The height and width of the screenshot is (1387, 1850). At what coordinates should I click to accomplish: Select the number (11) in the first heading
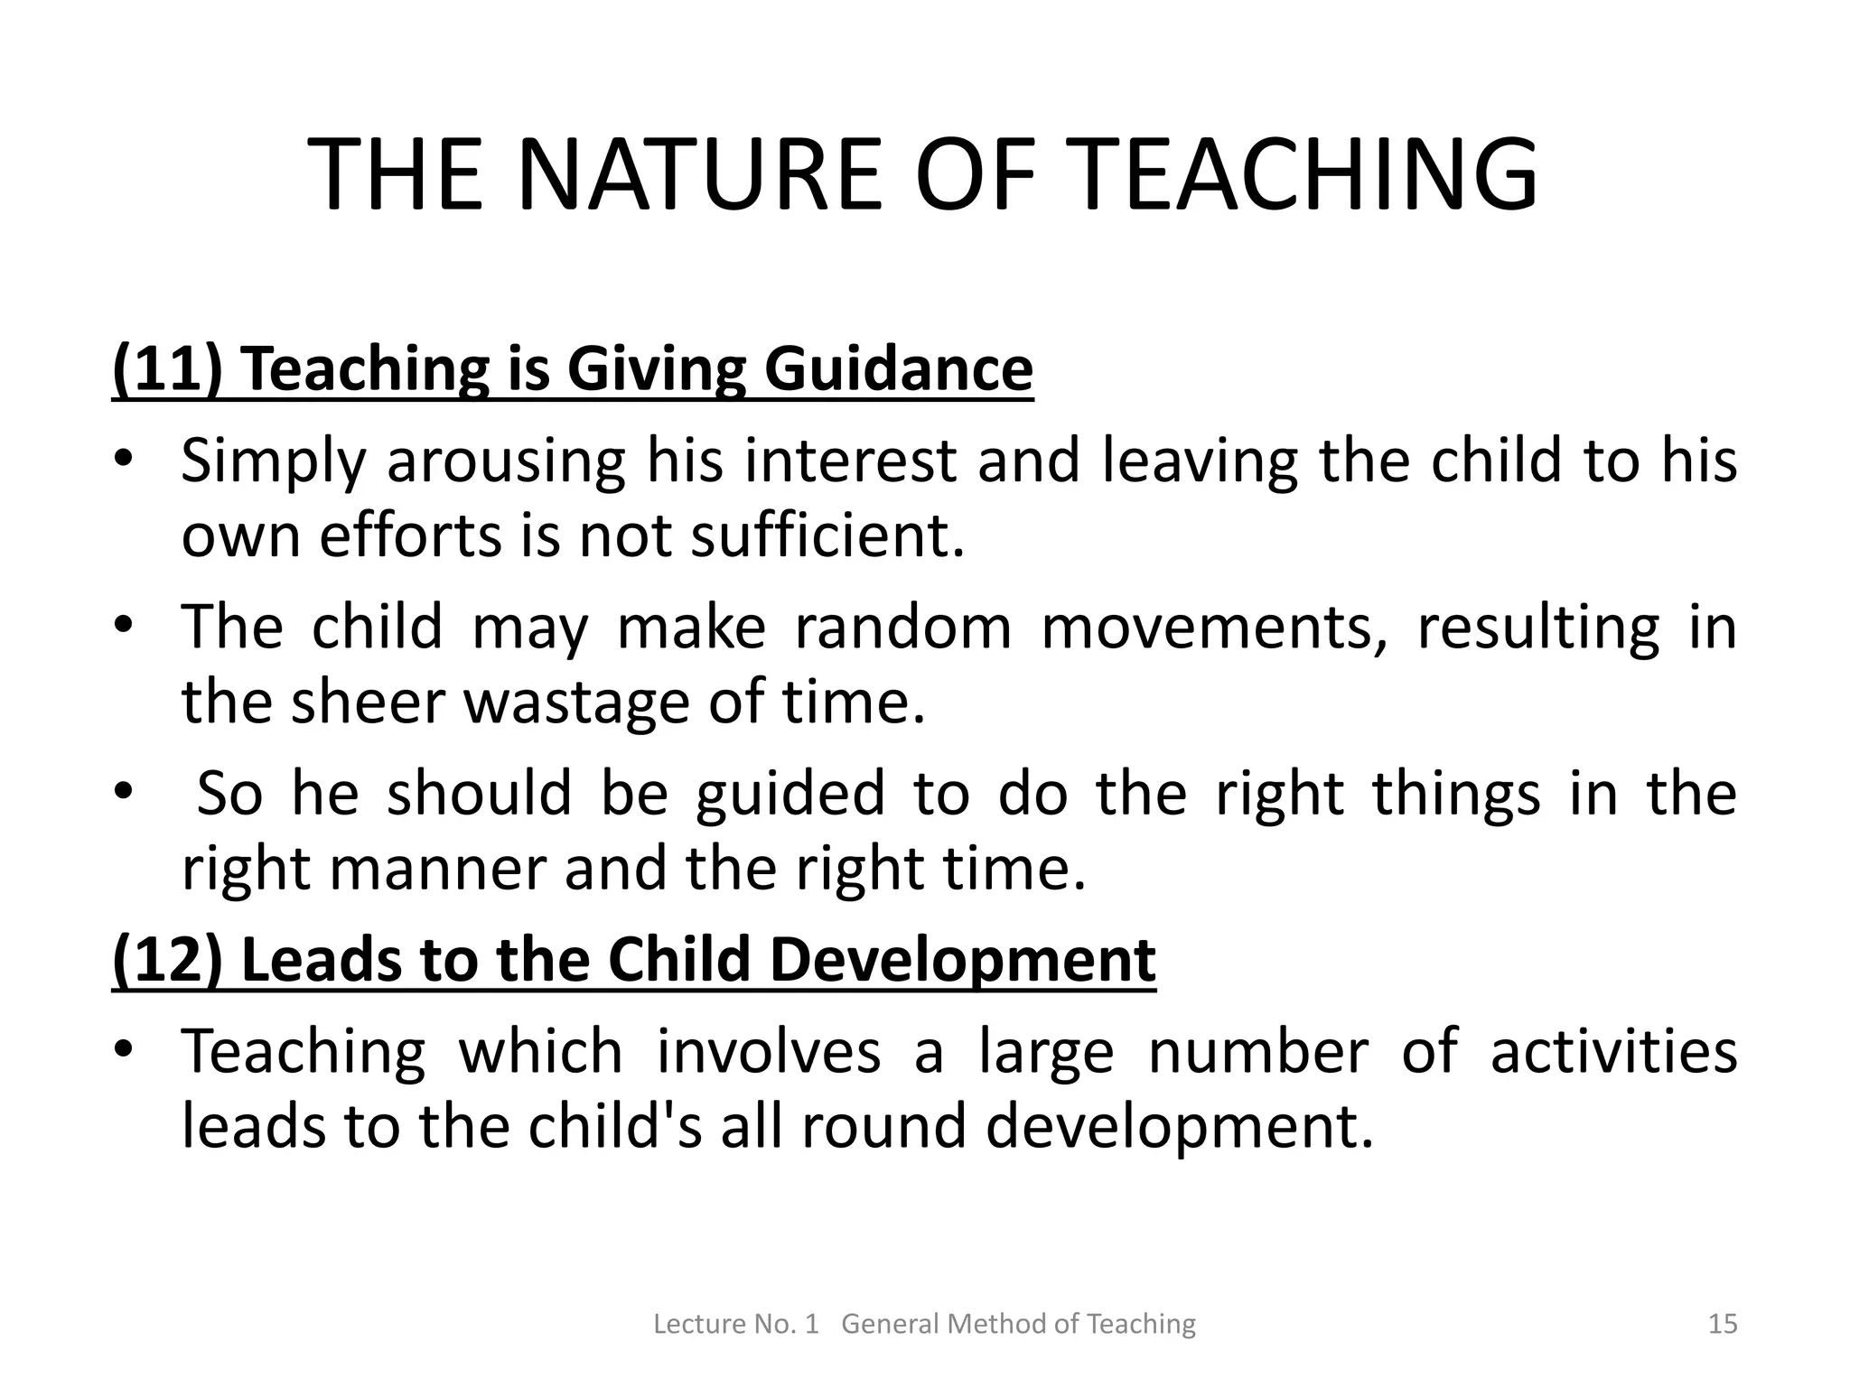(167, 369)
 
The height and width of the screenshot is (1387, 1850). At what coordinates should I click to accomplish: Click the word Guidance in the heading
(899, 369)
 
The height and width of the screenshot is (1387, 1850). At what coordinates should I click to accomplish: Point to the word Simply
(274, 461)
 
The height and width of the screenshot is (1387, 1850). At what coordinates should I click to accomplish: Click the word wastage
(576, 702)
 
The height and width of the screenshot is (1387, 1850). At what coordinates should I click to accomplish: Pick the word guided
(790, 794)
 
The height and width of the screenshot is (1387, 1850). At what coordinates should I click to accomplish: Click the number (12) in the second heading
(167, 960)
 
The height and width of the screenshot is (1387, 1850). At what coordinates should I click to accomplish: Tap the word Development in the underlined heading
(963, 960)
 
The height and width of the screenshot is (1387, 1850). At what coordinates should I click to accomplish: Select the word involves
(768, 1052)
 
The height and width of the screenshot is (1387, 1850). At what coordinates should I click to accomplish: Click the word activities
(1613, 1052)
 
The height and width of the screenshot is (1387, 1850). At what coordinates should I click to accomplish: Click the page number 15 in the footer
(1723, 1324)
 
